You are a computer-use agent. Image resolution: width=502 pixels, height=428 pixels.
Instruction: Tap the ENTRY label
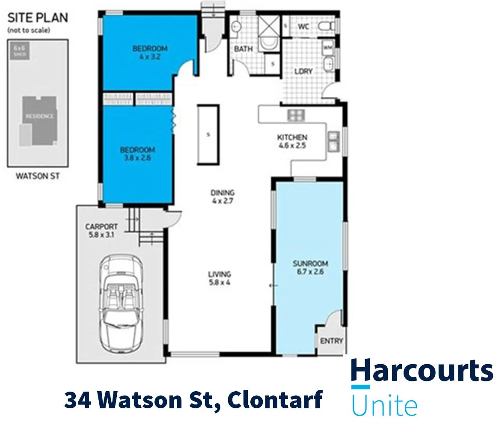(332, 341)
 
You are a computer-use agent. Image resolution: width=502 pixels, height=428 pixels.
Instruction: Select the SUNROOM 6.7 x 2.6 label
(308, 267)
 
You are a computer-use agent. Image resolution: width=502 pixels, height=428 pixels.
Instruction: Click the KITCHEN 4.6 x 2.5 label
(292, 141)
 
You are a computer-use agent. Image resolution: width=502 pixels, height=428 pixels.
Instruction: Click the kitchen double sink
(333, 141)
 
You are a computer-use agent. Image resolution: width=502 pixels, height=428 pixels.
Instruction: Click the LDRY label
(303, 71)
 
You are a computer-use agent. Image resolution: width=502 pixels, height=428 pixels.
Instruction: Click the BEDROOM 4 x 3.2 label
(149, 52)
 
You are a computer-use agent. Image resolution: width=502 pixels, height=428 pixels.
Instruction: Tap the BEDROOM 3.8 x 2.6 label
(137, 154)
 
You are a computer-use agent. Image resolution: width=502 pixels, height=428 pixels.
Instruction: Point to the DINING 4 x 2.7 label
(222, 196)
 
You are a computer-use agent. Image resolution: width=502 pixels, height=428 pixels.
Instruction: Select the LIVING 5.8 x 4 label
(220, 278)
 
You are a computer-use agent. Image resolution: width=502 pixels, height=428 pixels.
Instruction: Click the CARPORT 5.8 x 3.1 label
(101, 230)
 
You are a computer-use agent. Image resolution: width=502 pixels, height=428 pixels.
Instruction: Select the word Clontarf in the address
(274, 400)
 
